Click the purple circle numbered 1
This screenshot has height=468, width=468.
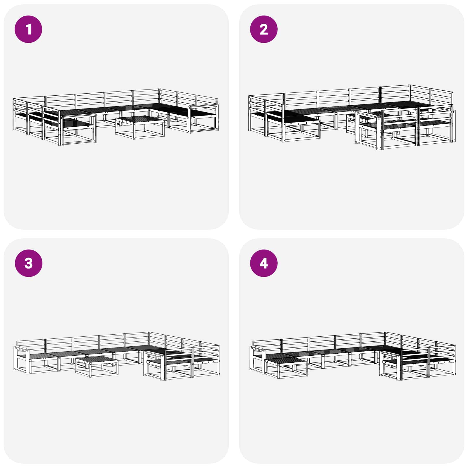click(28, 29)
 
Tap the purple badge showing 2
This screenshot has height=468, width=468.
click(264, 29)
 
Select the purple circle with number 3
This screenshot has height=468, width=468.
click(28, 263)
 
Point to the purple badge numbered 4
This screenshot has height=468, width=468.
click(264, 263)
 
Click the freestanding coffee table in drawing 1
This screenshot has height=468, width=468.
click(140, 127)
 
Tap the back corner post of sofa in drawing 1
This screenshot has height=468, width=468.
click(159, 97)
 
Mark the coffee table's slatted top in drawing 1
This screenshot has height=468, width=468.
click(140, 119)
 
